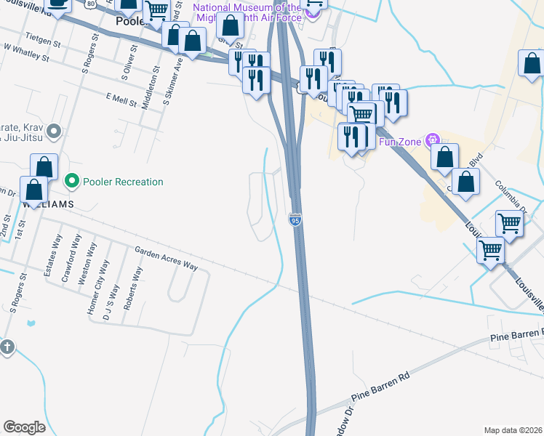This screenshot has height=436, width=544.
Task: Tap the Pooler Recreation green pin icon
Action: click(x=72, y=181)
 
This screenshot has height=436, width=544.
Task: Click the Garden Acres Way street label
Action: click(x=166, y=259)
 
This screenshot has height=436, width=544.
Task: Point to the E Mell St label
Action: click(x=121, y=99)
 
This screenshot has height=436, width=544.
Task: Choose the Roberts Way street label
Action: click(x=135, y=289)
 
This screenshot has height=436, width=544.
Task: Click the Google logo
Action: click(x=24, y=427)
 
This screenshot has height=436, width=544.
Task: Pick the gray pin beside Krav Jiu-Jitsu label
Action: click(x=52, y=131)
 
